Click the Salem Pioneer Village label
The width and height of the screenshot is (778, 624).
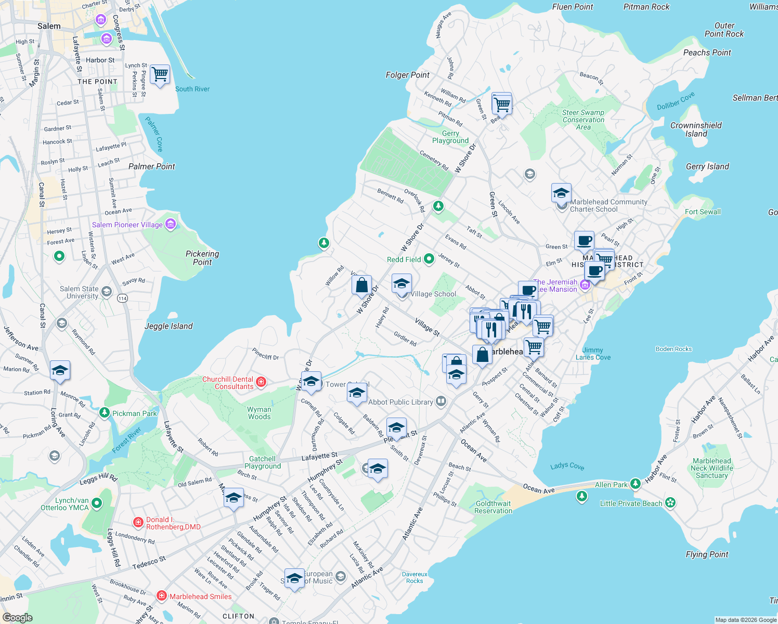[x=127, y=225]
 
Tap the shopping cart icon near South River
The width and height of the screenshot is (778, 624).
[x=160, y=74]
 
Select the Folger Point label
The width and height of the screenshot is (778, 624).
[x=407, y=75]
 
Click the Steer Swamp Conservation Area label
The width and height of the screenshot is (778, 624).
[x=583, y=120]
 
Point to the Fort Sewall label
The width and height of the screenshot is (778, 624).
[x=703, y=212]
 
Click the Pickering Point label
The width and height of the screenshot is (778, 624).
[x=202, y=258]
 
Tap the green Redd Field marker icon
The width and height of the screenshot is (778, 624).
[x=429, y=258]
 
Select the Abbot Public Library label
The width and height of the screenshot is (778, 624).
[x=400, y=402]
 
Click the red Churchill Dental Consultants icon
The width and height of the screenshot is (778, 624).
[x=262, y=382]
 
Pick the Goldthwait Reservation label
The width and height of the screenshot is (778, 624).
[x=493, y=507]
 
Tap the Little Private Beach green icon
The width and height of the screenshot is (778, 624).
[x=670, y=502]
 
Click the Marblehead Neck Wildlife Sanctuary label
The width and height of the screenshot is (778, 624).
[x=711, y=468]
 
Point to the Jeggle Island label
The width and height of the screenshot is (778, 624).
[x=168, y=326]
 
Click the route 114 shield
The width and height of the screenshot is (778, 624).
[x=122, y=298]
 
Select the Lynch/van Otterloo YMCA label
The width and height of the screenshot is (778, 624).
[x=64, y=504]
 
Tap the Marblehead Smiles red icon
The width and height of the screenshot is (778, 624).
[x=162, y=595]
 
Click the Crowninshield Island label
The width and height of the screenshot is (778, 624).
[x=696, y=129]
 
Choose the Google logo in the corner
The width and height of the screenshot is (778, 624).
[x=18, y=617]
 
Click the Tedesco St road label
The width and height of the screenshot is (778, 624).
[x=149, y=562]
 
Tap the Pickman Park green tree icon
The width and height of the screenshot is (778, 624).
[x=105, y=413]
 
